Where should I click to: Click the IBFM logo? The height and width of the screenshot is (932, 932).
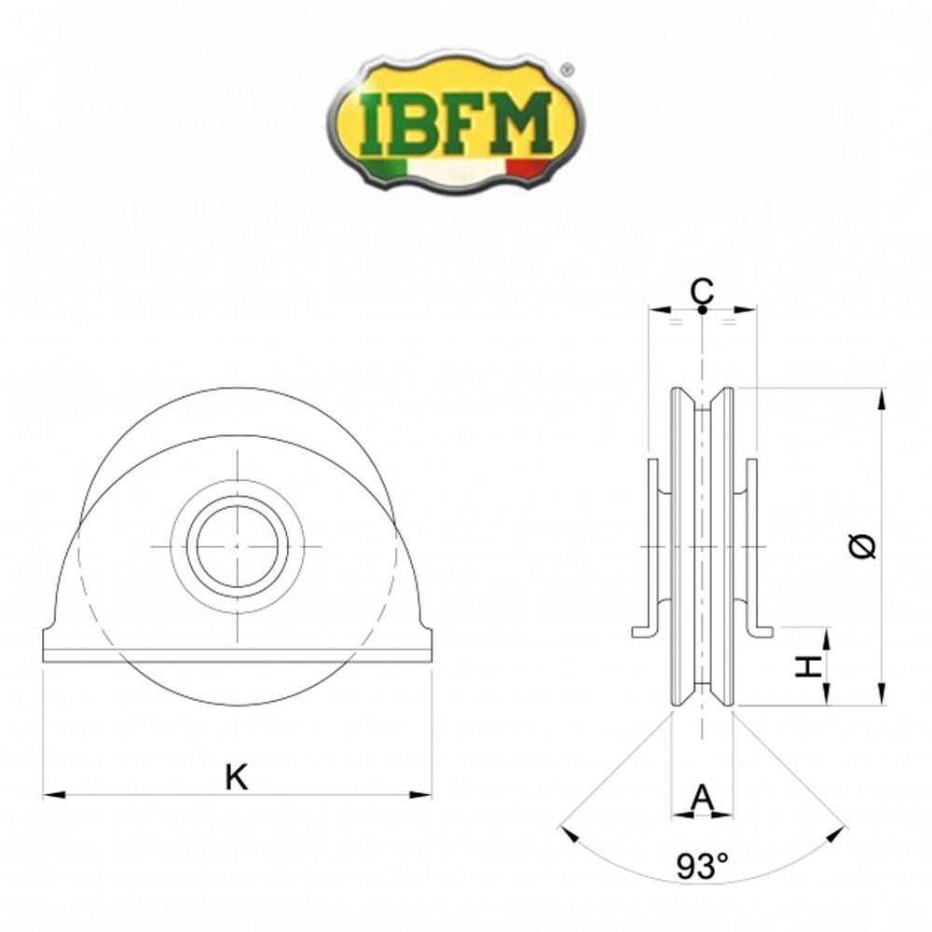[455, 125]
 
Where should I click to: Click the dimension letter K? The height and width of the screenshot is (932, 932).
[237, 776]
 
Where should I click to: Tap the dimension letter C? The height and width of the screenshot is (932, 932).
[703, 291]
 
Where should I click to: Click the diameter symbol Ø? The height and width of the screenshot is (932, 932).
[864, 547]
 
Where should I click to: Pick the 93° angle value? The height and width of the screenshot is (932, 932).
[702, 868]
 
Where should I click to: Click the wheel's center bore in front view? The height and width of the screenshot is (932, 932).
[238, 545]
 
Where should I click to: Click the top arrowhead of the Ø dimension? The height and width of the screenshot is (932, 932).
[881, 395]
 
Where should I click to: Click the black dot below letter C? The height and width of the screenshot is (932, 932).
[702, 308]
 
